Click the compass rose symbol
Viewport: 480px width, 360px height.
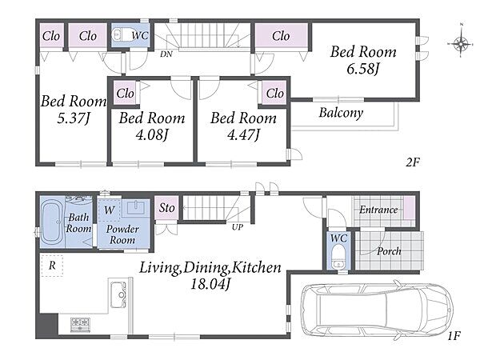click(462, 43)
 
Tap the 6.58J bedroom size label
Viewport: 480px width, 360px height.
click(363, 69)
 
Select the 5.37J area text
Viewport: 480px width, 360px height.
click(74, 118)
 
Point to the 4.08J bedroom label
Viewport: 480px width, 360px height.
click(152, 134)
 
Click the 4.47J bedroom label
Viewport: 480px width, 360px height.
click(243, 134)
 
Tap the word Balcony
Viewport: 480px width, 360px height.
click(341, 113)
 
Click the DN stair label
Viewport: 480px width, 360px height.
click(166, 54)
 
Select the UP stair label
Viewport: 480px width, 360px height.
click(238, 227)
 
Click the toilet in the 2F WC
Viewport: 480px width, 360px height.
click(121, 34)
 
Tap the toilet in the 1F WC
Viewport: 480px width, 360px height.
click(338, 256)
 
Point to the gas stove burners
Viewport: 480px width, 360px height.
click(80, 324)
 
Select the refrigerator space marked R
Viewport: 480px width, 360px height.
click(52, 266)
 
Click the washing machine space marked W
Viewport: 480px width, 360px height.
click(110, 210)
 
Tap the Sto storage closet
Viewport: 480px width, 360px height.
click(166, 208)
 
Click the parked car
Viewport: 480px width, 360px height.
click(377, 310)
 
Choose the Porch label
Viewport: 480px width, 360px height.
click(389, 251)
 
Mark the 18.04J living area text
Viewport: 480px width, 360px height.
click(210, 284)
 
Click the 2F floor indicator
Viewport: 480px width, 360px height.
click(413, 162)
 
